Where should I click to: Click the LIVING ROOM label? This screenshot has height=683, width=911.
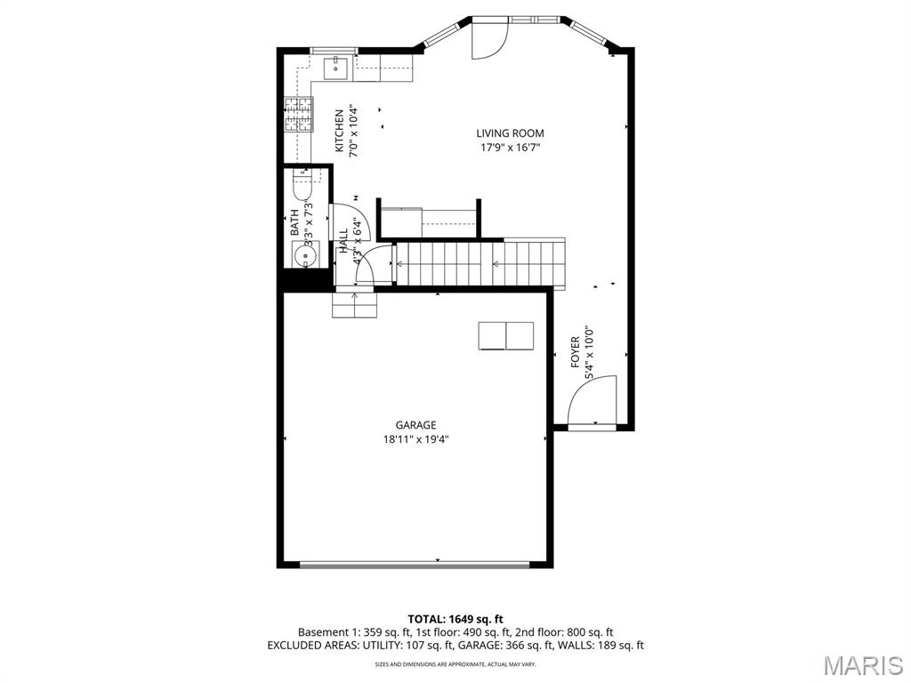point(510,133)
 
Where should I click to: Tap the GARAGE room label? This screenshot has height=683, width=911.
point(415,425)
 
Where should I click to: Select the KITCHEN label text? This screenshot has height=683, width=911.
point(339,131)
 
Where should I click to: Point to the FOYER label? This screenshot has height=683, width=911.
point(576,352)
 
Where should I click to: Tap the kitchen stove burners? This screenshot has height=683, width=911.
point(299,113)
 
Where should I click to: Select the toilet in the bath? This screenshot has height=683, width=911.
point(300,189)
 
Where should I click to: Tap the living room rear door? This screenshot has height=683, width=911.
point(488,38)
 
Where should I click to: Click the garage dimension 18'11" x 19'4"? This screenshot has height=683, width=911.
point(415,438)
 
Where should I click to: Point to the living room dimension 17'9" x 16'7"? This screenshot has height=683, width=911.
point(510,148)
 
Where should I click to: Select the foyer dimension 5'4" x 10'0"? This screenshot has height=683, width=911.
point(589,352)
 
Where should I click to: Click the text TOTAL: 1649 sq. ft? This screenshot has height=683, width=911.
point(455,619)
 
